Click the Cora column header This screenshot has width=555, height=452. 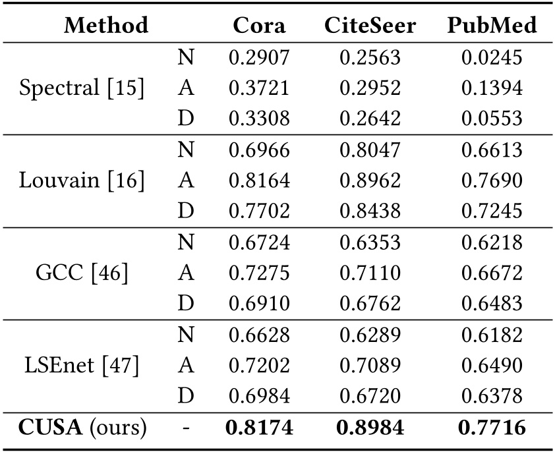(259, 26)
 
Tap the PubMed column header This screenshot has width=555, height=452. (492, 26)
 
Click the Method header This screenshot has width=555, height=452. (105, 26)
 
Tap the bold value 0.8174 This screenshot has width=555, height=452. (259, 428)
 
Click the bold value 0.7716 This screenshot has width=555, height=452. (492, 428)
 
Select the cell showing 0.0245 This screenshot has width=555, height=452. (492, 58)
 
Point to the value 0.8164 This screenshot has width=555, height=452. (259, 181)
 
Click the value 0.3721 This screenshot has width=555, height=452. (259, 88)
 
